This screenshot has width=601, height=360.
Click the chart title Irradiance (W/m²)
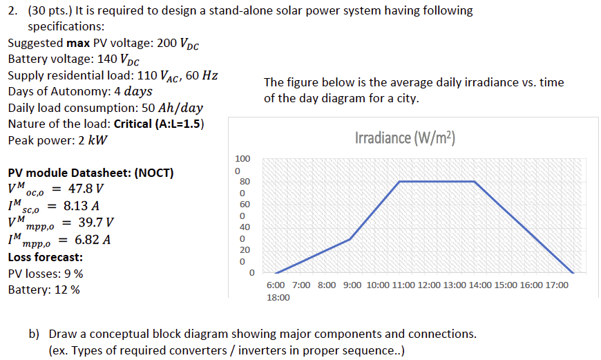point(405,138)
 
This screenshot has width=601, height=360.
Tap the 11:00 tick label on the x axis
point(403,285)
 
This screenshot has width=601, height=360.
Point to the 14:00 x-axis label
point(480,285)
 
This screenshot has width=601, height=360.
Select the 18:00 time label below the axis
point(278,298)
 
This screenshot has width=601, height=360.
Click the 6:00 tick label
point(276,285)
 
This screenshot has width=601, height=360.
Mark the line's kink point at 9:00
point(350,239)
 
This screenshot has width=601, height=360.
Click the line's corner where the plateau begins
point(399,181)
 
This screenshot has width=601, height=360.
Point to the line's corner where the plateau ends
point(475,181)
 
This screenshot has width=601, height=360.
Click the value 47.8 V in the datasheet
point(86,189)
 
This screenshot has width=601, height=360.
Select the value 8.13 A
point(82,206)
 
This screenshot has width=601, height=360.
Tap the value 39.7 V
point(96,222)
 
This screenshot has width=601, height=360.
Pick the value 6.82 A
point(93,240)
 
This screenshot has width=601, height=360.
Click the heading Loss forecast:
point(45,257)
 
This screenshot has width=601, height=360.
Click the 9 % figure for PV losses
point(74,274)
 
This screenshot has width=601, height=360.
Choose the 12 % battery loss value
point(67,290)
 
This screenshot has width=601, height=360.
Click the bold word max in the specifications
point(78,43)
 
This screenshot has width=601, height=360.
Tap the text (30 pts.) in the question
point(50,11)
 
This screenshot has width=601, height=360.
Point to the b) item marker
point(34,334)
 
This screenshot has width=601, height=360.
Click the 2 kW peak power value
point(93,140)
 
